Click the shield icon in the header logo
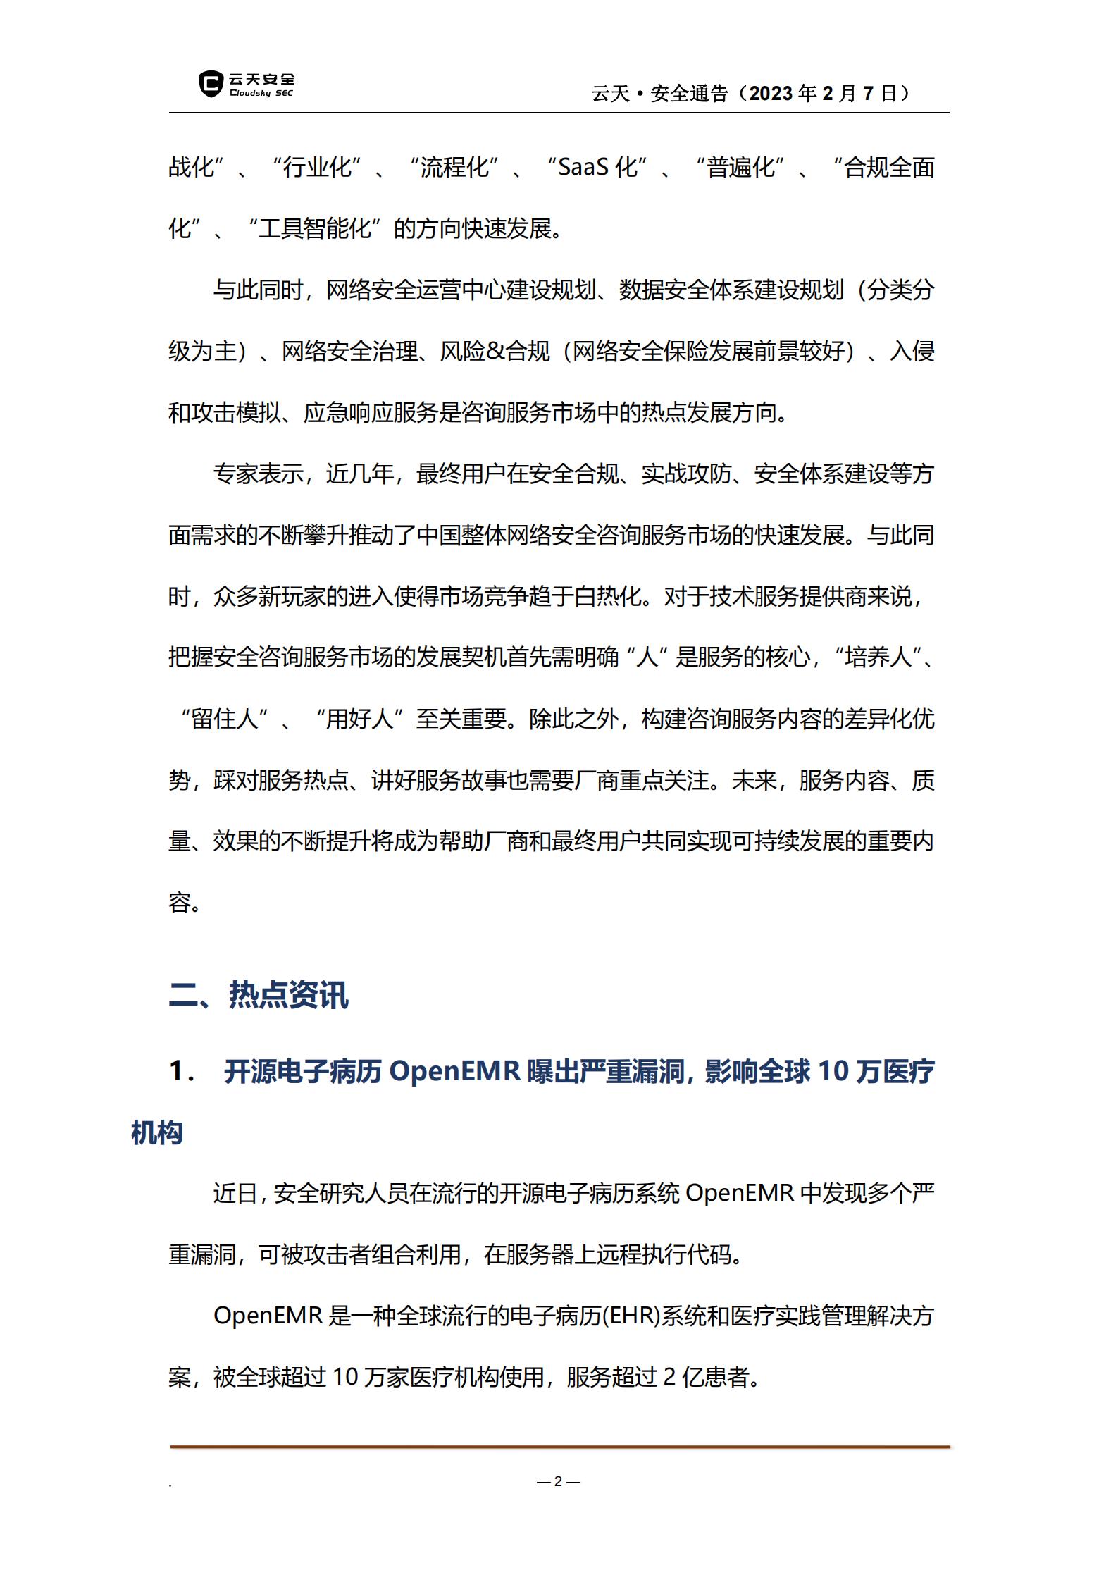point(211,84)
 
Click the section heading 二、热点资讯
point(259,995)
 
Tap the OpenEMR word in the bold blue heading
point(454,1072)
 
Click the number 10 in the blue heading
point(833,1072)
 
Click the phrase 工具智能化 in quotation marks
point(315,229)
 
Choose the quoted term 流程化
point(454,168)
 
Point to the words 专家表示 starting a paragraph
point(258,474)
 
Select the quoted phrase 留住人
point(225,719)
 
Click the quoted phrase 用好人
point(359,719)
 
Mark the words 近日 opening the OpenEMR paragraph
point(235,1194)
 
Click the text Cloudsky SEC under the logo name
point(261,94)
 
